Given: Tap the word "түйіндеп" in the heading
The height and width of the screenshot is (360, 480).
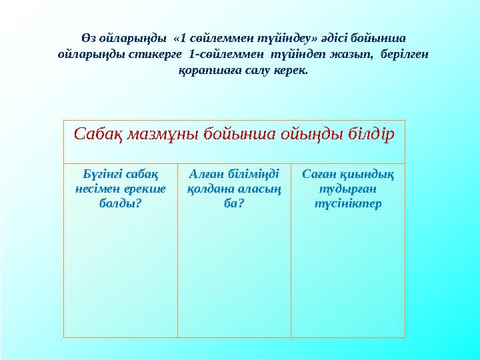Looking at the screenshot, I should point(299,54).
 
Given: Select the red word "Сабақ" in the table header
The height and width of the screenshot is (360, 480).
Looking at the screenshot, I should point(95,135).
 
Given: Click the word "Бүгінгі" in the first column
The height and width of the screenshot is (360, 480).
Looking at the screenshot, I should point(100,175).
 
